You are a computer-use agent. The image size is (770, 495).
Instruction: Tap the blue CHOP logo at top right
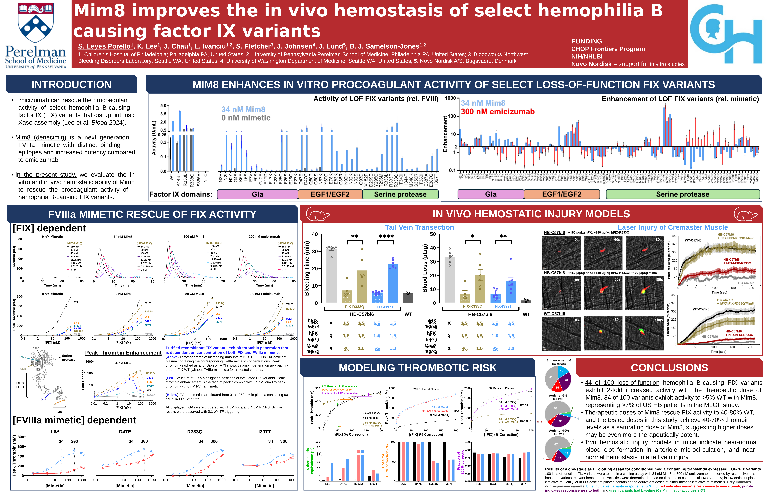(726, 34)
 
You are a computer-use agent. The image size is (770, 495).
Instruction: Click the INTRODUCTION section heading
(71, 85)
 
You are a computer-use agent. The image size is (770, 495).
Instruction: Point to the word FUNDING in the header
(587, 41)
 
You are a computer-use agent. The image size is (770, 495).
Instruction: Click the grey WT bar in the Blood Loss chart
(526, 302)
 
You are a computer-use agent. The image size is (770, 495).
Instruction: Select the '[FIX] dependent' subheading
(49, 228)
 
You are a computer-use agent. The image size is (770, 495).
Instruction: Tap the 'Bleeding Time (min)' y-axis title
(307, 268)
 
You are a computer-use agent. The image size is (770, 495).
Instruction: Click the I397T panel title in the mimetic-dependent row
(264, 432)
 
